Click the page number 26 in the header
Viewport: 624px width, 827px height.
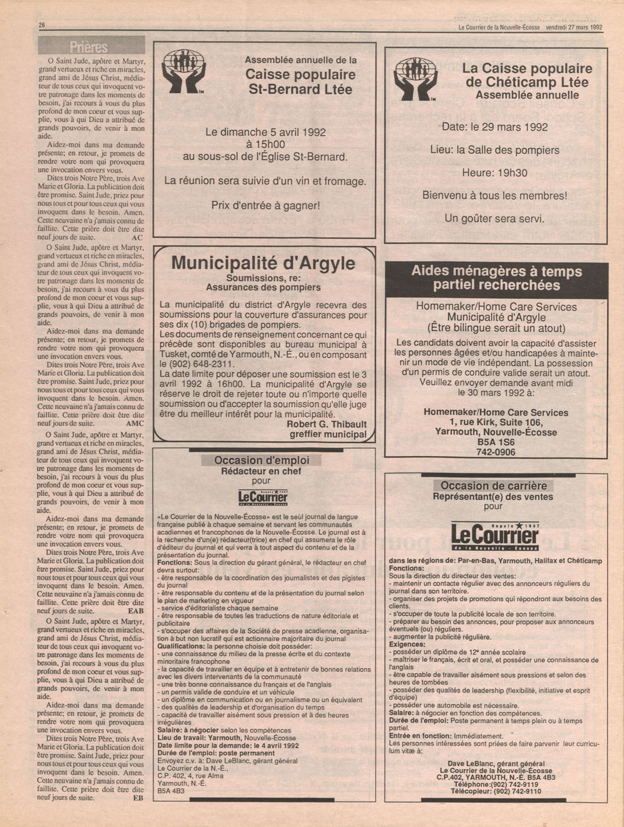click(x=42, y=25)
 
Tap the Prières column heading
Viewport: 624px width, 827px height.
click(x=91, y=46)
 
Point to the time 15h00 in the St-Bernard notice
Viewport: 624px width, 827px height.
click(x=265, y=144)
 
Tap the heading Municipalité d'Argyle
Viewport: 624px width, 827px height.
click(x=263, y=263)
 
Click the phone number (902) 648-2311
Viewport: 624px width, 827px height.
click(x=197, y=364)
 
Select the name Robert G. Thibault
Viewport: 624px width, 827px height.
click(x=326, y=424)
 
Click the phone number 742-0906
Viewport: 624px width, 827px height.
click(x=496, y=452)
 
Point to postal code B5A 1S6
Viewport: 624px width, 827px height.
click(x=496, y=442)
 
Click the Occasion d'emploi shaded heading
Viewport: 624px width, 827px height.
click(x=262, y=460)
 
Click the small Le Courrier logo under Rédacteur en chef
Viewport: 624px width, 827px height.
click(x=263, y=496)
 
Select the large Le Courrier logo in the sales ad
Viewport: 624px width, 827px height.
click(x=494, y=536)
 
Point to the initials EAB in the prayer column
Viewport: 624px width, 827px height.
click(x=135, y=611)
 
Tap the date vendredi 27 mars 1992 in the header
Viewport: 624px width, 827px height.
click(x=574, y=27)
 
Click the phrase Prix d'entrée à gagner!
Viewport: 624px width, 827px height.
click(x=265, y=205)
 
